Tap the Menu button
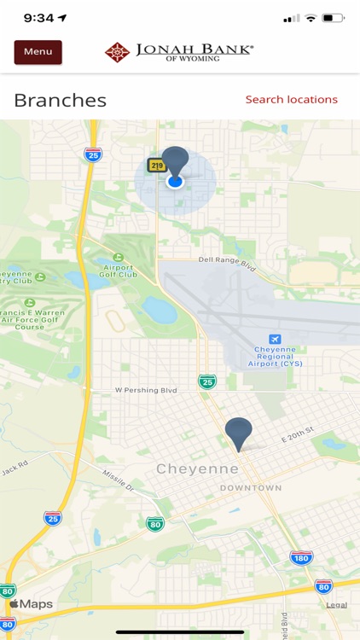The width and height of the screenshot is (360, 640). coord(38,52)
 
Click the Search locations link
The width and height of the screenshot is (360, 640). coord(291,100)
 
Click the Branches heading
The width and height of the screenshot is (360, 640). coord(61,100)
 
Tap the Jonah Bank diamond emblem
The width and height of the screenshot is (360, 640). coord(117,53)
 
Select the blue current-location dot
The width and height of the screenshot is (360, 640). coord(175,181)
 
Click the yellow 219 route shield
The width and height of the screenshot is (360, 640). coord(157,166)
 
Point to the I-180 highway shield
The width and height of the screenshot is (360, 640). coord(301,558)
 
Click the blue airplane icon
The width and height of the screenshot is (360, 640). coord(275,339)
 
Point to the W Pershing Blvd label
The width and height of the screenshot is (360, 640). coord(146,390)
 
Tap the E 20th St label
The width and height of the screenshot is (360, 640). coord(298,434)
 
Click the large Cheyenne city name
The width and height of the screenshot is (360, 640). coord(197,468)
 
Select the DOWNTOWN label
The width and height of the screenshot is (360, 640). coord(250,488)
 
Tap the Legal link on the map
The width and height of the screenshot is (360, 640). coord(336,605)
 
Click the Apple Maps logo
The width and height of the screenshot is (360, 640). coord(31,604)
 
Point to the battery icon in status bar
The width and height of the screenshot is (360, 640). coord(334,18)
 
